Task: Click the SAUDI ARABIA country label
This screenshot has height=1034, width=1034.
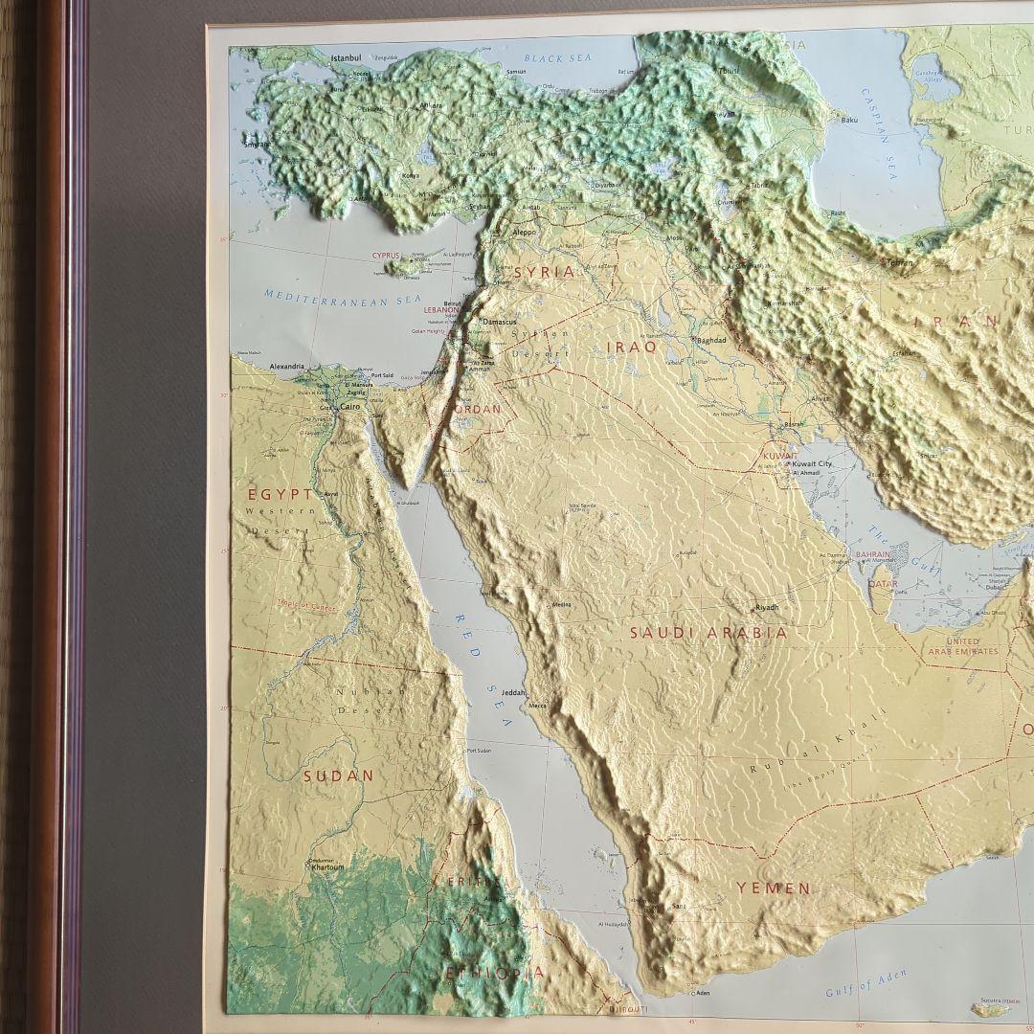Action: [x=708, y=633]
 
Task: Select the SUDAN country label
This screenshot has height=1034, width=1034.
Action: [x=338, y=775]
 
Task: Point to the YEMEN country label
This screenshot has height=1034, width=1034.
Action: [x=773, y=888]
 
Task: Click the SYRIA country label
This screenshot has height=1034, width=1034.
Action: [x=545, y=272]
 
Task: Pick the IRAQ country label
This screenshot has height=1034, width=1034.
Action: [x=631, y=347]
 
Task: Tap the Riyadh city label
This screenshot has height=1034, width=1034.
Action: [x=767, y=607]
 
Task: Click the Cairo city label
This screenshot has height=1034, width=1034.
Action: [x=350, y=406]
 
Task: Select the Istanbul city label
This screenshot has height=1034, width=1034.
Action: [x=348, y=58]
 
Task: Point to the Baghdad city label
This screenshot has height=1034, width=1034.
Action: [x=712, y=340]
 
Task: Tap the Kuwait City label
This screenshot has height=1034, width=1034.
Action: [x=812, y=463]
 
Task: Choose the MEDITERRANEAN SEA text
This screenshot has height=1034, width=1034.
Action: [x=343, y=298]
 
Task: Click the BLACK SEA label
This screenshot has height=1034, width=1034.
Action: [x=558, y=58]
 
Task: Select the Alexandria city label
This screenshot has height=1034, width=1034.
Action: [x=286, y=366]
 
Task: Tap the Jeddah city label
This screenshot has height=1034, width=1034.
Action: [x=513, y=691]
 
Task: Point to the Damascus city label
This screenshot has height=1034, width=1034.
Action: [x=499, y=322]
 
